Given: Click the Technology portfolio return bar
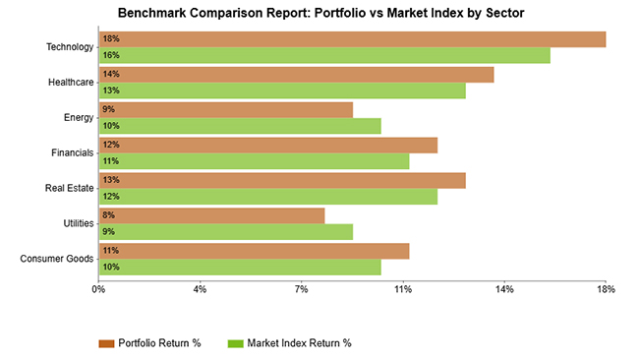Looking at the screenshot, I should [x=351, y=39].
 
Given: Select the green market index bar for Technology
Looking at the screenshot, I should [x=323, y=55].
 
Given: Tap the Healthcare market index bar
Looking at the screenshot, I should [x=281, y=90].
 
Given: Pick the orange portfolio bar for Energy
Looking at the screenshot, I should [x=225, y=110].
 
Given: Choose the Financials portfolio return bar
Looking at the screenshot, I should [x=267, y=146].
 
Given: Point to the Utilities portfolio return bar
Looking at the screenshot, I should [x=210, y=216].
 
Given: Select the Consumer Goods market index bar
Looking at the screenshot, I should [x=239, y=268].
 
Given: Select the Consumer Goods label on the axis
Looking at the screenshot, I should [x=56, y=259].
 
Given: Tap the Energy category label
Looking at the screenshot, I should [x=78, y=117].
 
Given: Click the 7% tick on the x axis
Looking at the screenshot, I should [x=302, y=289].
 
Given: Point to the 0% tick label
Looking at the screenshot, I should [x=98, y=289].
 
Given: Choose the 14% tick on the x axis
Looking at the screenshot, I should [x=504, y=289].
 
